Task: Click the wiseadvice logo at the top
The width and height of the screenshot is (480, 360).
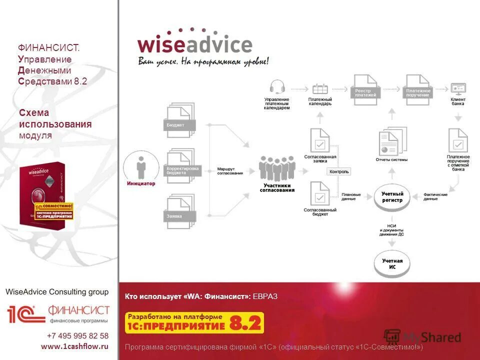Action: tap(195, 45)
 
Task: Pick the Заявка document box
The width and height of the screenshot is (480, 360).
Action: tap(180, 212)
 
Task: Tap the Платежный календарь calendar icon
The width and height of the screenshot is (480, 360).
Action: tap(320, 89)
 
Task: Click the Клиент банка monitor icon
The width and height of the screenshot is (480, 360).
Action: tap(458, 88)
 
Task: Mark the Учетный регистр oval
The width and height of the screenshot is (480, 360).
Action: tap(392, 197)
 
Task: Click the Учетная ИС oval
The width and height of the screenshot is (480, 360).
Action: tap(392, 264)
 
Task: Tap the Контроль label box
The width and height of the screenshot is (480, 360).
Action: tap(339, 171)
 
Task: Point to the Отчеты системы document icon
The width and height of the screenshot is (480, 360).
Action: tap(392, 142)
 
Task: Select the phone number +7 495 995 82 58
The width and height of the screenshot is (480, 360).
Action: tap(77, 335)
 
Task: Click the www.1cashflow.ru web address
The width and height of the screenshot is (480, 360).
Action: tap(74, 346)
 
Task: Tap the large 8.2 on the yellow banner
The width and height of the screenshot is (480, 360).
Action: tap(245, 323)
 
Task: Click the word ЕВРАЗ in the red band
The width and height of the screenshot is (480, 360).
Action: tap(265, 297)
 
